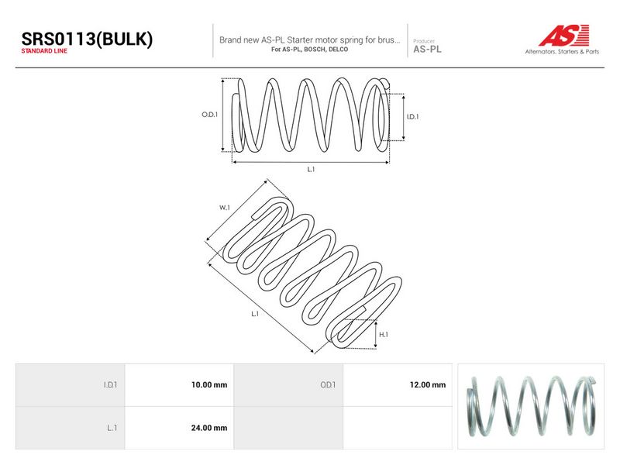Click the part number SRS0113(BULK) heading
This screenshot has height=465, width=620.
point(87,39)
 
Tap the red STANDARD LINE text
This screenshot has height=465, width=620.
point(44,51)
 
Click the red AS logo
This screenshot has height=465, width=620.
point(564,35)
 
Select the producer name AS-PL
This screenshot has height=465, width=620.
point(427,50)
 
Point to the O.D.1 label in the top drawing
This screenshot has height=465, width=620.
point(209,115)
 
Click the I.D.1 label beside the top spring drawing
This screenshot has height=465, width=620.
point(412,117)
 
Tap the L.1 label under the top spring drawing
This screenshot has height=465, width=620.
point(312,169)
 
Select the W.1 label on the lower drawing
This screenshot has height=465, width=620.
point(225,207)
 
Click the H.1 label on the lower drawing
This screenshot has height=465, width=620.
point(384,335)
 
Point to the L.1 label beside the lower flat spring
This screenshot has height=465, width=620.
point(255,314)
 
